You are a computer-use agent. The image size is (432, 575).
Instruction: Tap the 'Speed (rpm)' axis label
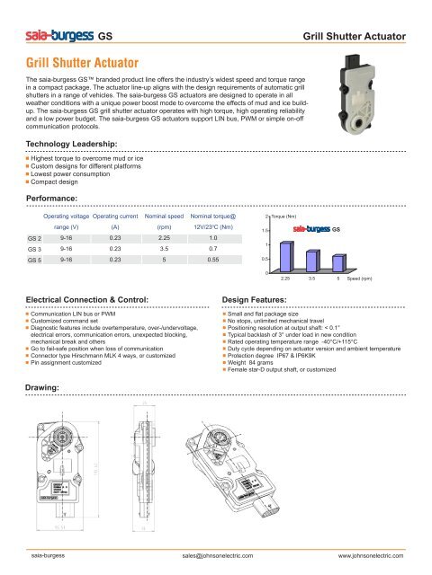click(x=363, y=279)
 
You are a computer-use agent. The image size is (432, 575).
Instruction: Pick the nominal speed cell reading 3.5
click(x=164, y=248)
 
